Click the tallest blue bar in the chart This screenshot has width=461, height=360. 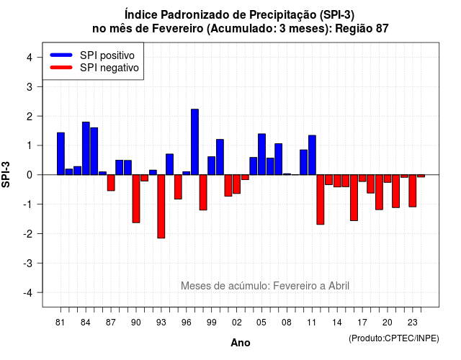click(194, 142)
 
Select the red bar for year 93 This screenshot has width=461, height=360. click(161, 207)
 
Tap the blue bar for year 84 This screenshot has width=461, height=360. click(86, 148)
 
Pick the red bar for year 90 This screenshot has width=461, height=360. click(136, 199)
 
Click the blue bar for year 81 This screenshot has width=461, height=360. click(61, 153)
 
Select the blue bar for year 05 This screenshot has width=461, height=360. click(261, 154)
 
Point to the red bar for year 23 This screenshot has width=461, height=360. click(413, 191)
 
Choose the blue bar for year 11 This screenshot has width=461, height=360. click(312, 156)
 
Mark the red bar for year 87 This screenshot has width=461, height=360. click(111, 183)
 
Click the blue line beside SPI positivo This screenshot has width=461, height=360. click(61, 55)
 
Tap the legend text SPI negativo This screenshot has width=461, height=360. click(109, 68)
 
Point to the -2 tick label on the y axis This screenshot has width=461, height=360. click(29, 234)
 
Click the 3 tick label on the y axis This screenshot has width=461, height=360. click(30, 86)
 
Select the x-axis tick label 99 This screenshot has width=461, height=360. click(211, 323)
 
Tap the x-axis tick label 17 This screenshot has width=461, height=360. click(362, 323)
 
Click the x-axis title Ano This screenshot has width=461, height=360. click(241, 343)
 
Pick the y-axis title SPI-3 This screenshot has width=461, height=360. click(6, 174)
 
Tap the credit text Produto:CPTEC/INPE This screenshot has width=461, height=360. click(394, 338)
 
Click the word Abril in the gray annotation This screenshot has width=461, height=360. click(339, 286)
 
